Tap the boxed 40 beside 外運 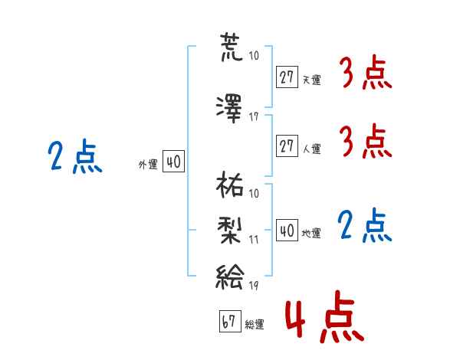pyautogui.click(x=172, y=162)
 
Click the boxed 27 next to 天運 pyautogui.click(x=287, y=77)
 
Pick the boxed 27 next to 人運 pyautogui.click(x=287, y=146)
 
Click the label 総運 pyautogui.click(x=255, y=325)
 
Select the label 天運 pyautogui.click(x=311, y=80)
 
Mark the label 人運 pyautogui.click(x=311, y=149)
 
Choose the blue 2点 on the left pyautogui.click(x=75, y=158)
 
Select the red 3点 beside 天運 pyautogui.click(x=366, y=74)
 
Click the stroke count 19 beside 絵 pyautogui.click(x=254, y=286)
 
